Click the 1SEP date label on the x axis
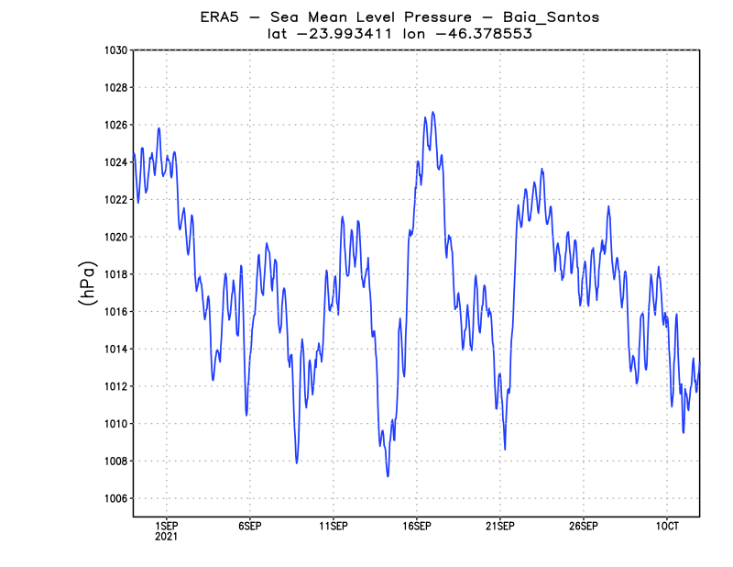click(x=167, y=526)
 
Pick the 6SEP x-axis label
click(x=250, y=526)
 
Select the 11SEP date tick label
click(x=334, y=526)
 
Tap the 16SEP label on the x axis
click(x=417, y=526)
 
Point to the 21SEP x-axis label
click(x=500, y=526)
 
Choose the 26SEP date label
click(x=584, y=526)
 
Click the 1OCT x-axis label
click(x=666, y=526)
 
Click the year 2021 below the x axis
click(x=167, y=537)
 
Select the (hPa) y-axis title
click(x=88, y=283)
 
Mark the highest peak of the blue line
click(x=432, y=112)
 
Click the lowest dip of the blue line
click(x=388, y=476)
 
